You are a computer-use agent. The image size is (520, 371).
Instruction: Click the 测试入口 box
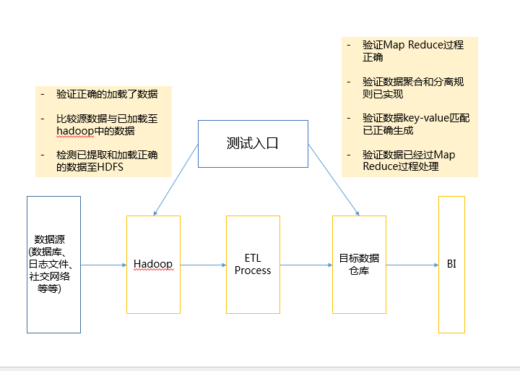point(253,143)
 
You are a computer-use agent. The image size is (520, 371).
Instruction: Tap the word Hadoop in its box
point(153,264)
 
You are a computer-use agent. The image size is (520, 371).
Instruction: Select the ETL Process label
point(253,264)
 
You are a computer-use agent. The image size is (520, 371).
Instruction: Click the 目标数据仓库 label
point(359,264)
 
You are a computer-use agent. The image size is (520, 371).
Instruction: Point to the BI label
point(451,264)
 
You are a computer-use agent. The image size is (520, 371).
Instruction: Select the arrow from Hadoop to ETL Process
point(203,265)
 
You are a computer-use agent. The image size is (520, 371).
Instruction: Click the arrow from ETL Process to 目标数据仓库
point(305,265)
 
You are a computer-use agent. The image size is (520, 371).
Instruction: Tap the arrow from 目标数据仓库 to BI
point(412,265)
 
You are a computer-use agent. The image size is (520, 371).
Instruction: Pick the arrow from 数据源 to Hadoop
point(103,265)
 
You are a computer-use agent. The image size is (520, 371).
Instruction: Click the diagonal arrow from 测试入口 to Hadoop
point(175,179)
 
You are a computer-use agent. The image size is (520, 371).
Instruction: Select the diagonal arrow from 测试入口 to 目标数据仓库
point(333,179)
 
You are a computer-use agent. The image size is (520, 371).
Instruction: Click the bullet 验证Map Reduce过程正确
point(412,51)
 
